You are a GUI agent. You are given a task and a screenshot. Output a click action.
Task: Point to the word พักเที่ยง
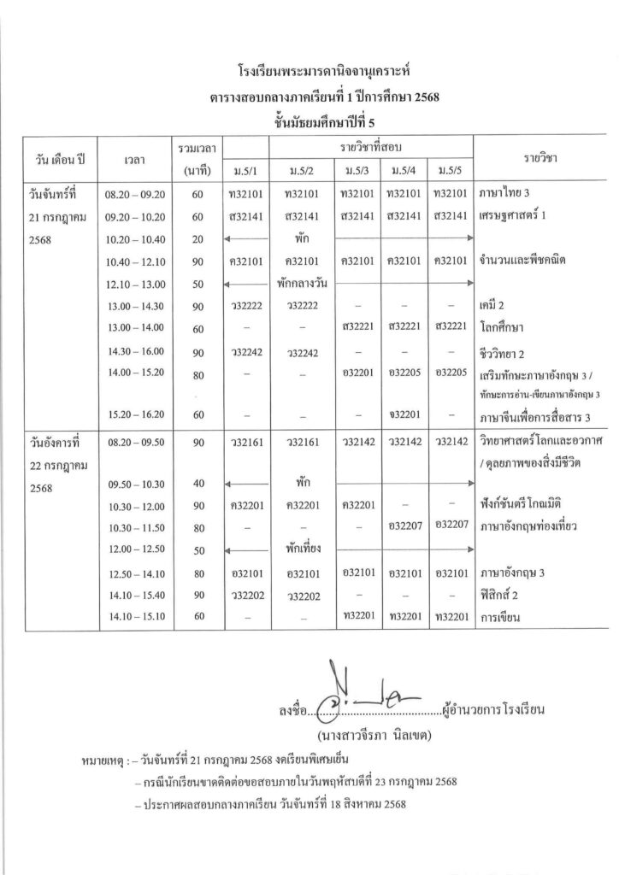(x=300, y=549)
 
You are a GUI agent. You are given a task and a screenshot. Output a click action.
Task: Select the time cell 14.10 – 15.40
(x=135, y=594)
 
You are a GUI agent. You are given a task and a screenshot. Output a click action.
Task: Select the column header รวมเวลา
(x=197, y=150)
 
